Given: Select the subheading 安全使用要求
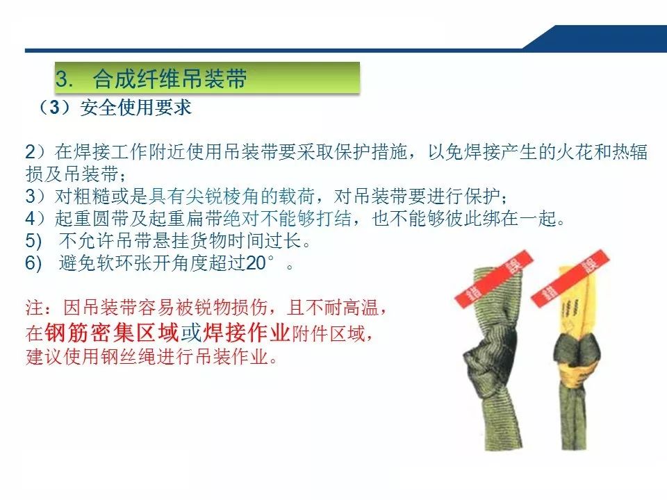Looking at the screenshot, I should tap(135, 108).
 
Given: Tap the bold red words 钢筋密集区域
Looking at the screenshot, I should tap(112, 333).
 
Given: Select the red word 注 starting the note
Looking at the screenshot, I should tap(33, 307).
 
